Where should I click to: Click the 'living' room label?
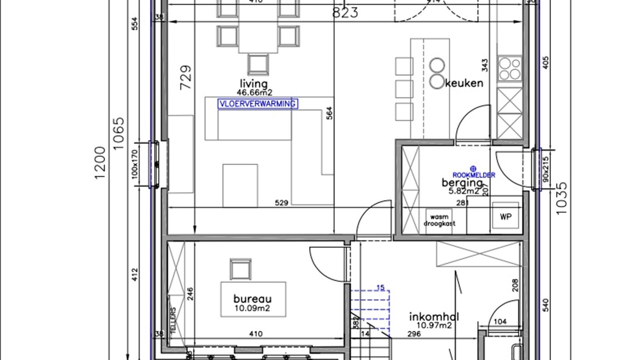coord(253,84)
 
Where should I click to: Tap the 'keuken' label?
coord(464,83)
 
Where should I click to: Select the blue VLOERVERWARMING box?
coord(258,104)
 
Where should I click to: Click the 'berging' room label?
coord(462,183)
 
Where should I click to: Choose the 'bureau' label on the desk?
coord(252,299)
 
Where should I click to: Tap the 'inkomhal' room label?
coord(434,317)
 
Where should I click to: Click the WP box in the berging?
coord(506,217)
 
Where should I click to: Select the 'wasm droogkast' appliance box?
coord(439,220)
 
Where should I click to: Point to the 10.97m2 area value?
coord(434,325)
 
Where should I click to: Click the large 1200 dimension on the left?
coord(100,163)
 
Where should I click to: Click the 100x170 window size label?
coord(135,164)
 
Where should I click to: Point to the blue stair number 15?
coord(380,287)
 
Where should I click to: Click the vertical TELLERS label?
coord(173,320)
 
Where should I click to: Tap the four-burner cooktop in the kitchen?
coord(509,68)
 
